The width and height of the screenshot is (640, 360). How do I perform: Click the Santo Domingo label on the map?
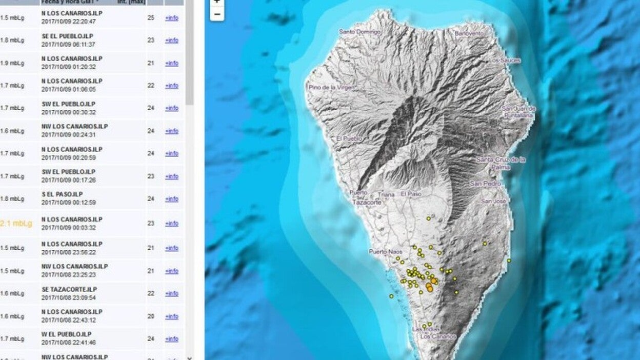pyautogui.click(x=360, y=32)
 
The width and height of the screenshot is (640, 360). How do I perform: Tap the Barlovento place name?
pyautogui.click(x=469, y=33)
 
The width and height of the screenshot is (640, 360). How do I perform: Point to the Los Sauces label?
pyautogui.click(x=504, y=61)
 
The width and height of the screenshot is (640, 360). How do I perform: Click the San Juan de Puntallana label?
pyautogui.click(x=518, y=112)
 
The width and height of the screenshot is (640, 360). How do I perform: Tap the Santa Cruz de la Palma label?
pyautogui.click(x=501, y=163)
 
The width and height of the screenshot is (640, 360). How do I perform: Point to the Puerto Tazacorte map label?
pyautogui.click(x=366, y=197)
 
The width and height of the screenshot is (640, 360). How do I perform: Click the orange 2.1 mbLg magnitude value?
pyautogui.click(x=16, y=224)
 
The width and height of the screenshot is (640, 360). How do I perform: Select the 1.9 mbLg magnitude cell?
pyautogui.click(x=12, y=63)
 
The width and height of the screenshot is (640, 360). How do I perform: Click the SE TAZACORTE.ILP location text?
pyautogui.click(x=69, y=289)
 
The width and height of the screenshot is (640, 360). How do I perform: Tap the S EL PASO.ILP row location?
pyautogui.click(x=62, y=194)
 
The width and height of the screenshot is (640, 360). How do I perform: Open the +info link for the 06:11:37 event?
pyautogui.click(x=171, y=41)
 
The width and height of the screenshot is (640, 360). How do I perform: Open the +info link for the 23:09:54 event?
pyautogui.click(x=171, y=294)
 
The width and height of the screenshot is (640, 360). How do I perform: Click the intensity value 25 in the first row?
pyautogui.click(x=151, y=18)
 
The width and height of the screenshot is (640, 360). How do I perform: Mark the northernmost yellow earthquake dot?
pyautogui.click(x=428, y=218)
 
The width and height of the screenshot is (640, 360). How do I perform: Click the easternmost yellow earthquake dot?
pyautogui.click(x=509, y=261)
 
